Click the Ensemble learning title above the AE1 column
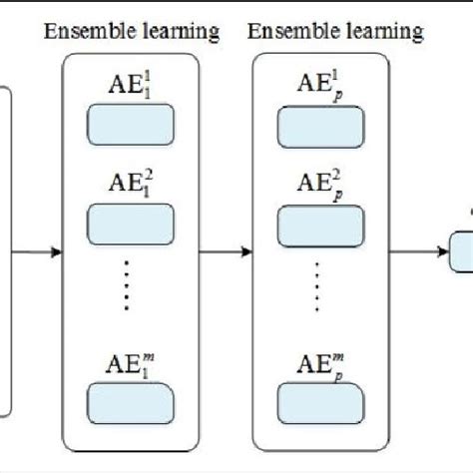tap(131, 33)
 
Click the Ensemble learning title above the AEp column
tap(335, 33)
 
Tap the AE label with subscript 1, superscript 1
tap(130, 86)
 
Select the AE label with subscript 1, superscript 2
tap(130, 184)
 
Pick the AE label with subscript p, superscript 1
tap(319, 86)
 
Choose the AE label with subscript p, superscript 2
tap(319, 185)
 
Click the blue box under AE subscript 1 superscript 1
tap(131, 127)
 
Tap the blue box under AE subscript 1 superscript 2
tap(131, 224)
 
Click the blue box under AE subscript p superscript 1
tap(320, 127)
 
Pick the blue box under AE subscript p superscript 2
tap(320, 224)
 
